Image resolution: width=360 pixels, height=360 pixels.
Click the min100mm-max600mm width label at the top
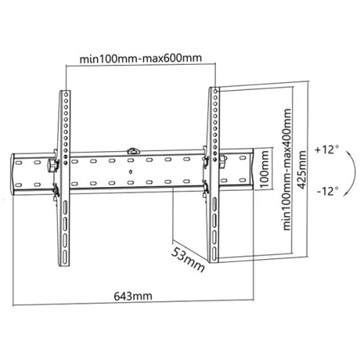(141, 58)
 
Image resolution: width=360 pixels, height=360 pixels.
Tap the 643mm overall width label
(132, 296)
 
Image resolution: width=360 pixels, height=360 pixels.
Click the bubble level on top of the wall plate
(132, 151)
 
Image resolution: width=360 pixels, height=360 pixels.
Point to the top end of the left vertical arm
(66, 91)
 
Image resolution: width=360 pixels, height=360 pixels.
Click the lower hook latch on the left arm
(56, 190)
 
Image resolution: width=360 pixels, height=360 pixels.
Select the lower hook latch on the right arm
(207, 190)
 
